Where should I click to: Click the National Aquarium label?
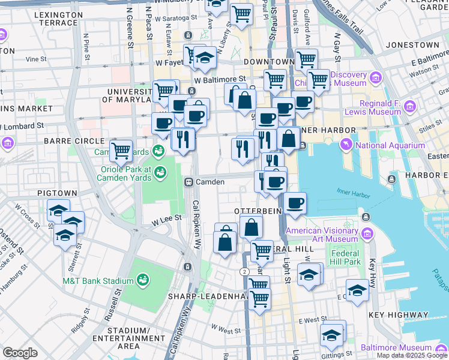point(390,145)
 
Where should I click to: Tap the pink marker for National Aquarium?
point(346,145)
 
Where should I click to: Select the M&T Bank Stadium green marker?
point(143,280)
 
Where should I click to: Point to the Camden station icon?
point(188,182)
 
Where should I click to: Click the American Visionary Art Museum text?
point(322,235)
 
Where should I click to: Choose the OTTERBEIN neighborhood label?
point(258,212)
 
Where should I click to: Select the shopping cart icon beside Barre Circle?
point(121,150)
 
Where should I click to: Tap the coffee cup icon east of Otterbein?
point(295,204)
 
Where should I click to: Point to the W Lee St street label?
point(166,219)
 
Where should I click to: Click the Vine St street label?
point(36,59)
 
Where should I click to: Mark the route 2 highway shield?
point(245,272)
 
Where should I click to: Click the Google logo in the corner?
point(20,353)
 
